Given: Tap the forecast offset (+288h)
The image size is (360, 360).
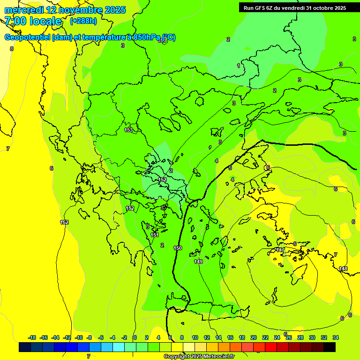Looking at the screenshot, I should tap(83, 21).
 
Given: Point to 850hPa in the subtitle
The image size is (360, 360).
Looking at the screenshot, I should tap(145, 37).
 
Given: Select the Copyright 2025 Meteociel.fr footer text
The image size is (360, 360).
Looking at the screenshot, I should tap(199, 357).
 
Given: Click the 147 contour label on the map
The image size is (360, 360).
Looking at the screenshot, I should tap(280, 250).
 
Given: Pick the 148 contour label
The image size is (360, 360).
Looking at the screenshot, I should tap(344, 269).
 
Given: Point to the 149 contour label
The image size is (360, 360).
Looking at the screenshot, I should tap(198, 262).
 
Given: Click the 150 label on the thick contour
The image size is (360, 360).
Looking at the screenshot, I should tap(178, 248).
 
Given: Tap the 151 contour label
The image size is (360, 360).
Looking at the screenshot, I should tap(155, 235).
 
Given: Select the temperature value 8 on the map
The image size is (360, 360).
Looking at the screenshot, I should tap(12, 49).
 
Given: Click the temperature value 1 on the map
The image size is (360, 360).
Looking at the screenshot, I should tap(238, 66).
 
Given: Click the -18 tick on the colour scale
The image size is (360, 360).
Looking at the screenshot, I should tap(32, 337).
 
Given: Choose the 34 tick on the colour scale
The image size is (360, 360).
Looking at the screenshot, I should tap(336, 337).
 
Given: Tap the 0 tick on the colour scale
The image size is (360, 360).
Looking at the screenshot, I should tap(135, 337).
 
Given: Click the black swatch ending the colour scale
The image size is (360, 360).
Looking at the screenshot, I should tap(330, 347).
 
